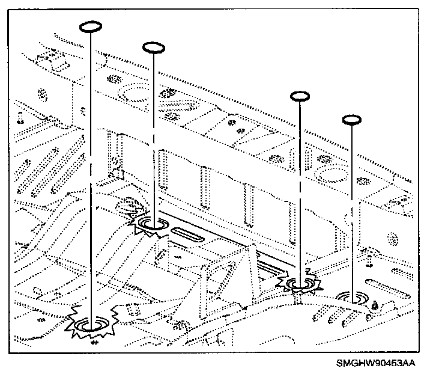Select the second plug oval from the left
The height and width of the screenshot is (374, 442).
(x=153, y=47)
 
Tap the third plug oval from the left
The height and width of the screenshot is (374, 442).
(x=299, y=96)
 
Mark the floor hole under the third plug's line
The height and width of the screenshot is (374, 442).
(x=301, y=283)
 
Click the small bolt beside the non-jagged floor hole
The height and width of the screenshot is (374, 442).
(x=374, y=304)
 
